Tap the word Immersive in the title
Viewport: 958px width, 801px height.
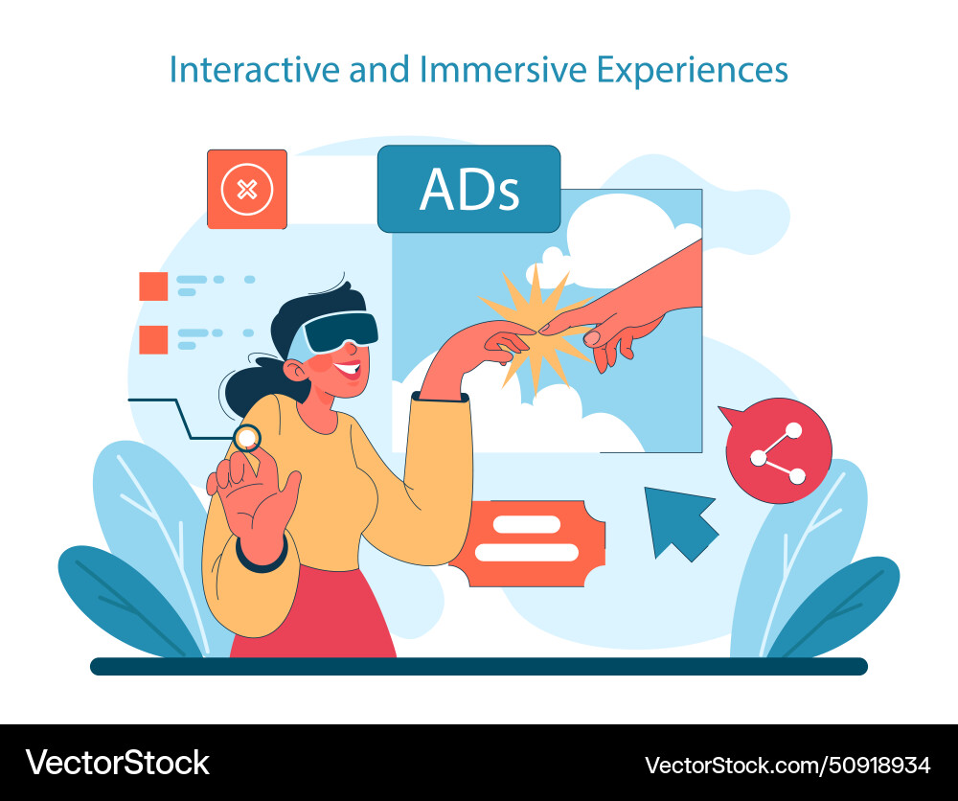pyautogui.click(x=478, y=70)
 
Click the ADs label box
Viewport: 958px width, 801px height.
pyautogui.click(x=468, y=189)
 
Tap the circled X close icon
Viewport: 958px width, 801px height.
pyautogui.click(x=247, y=189)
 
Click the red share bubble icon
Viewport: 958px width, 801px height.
pyautogui.click(x=778, y=449)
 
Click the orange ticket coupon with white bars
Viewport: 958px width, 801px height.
pyautogui.click(x=527, y=542)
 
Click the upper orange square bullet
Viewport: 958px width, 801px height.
pyautogui.click(x=153, y=286)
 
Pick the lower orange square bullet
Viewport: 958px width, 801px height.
pyautogui.click(x=153, y=339)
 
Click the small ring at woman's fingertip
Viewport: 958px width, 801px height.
pyautogui.click(x=247, y=438)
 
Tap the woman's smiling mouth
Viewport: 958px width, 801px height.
pyautogui.click(x=350, y=369)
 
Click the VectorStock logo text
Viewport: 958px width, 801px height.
pyautogui.click(x=117, y=763)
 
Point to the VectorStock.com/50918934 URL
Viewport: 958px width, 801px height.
pyautogui.click(x=787, y=765)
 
